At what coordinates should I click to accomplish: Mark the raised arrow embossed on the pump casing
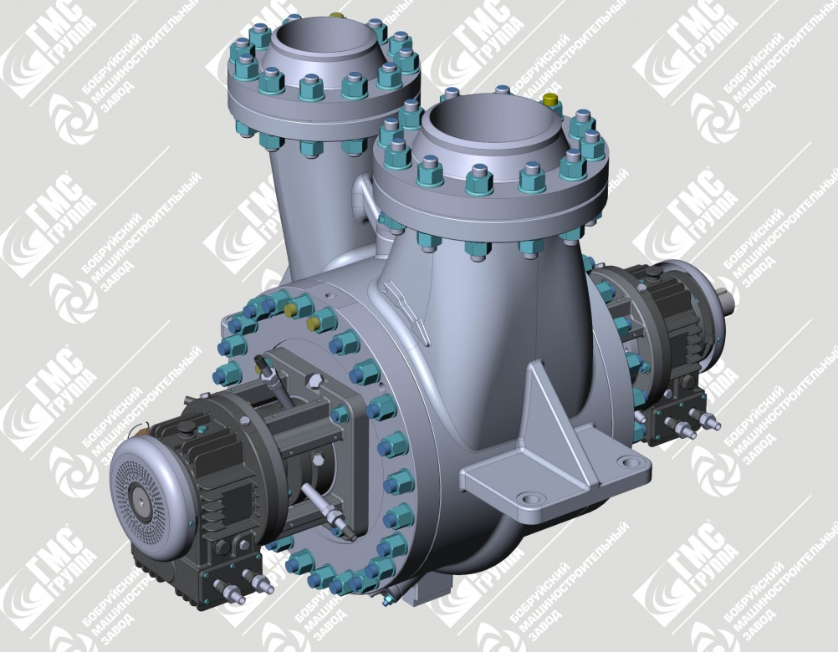click(x=406, y=313)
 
